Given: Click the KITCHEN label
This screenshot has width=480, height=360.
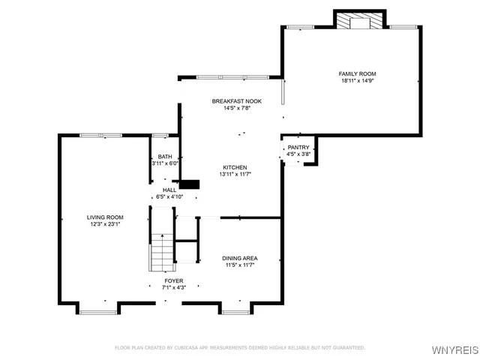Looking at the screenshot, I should click(235, 167).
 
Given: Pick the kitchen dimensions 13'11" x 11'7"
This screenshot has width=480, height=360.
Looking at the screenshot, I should click(235, 174).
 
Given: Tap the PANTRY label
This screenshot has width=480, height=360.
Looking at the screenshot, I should click(298, 148).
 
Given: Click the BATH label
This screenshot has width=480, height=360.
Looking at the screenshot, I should click(164, 157).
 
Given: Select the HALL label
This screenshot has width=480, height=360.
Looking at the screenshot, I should click(169, 190).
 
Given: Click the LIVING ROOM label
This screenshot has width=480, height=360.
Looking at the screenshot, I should click(105, 217).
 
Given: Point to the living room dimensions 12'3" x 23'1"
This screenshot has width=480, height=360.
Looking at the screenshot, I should click(105, 223).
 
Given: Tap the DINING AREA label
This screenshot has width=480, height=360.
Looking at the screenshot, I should click(239, 258).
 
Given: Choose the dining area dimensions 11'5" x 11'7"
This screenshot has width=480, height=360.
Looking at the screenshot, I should click(239, 265).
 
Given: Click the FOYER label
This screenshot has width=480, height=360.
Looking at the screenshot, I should click(173, 280).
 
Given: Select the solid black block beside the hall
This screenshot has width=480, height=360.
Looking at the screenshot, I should click(189, 184).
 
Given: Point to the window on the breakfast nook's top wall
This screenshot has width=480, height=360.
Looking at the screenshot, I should click(232, 76).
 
